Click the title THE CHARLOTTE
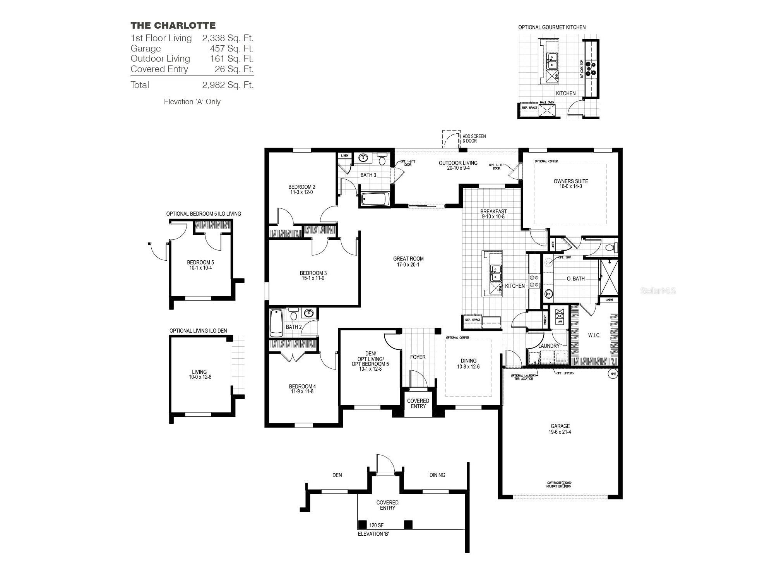[173, 26]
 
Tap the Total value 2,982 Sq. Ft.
[228, 85]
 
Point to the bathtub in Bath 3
[375, 199]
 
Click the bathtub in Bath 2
[276, 323]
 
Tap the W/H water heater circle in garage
[613, 374]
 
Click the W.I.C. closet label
[594, 335]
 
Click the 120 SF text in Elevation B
[376, 525]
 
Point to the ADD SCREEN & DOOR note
[474, 139]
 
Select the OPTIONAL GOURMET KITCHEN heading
[551, 27]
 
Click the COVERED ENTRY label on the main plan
[418, 404]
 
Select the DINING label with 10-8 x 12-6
[468, 363]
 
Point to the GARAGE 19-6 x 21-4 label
[560, 429]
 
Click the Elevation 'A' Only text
[192, 102]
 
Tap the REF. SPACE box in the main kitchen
[473, 320]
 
